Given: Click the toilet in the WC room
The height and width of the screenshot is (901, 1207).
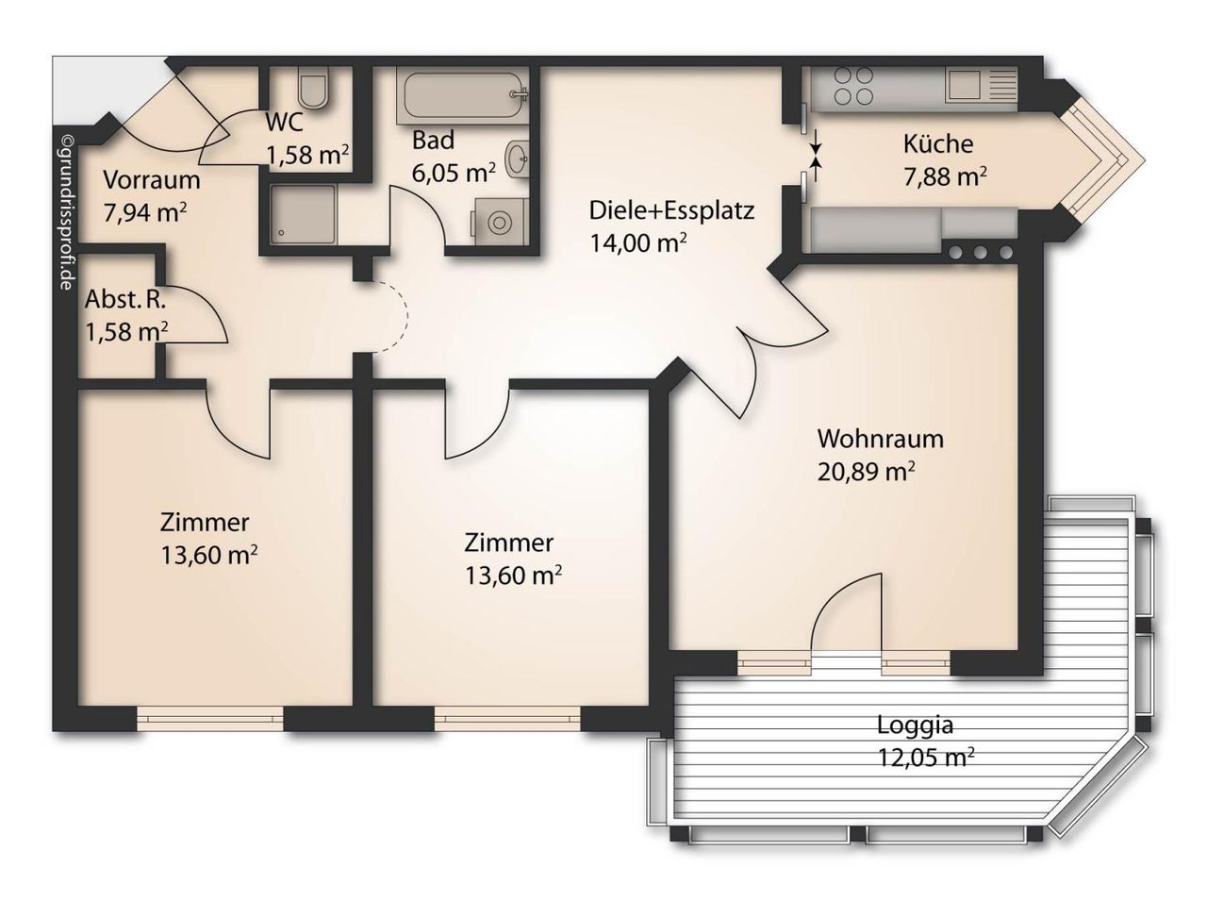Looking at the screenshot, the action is click(314, 88).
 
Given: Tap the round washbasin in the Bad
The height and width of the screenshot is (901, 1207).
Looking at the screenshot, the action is click(517, 159).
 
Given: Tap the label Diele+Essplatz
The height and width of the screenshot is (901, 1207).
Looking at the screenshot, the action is click(671, 210).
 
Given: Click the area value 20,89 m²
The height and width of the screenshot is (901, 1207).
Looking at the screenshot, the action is click(866, 472).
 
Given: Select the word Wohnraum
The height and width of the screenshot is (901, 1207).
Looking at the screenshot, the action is click(880, 439).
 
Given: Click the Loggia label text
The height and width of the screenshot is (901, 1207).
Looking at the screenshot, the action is click(915, 725).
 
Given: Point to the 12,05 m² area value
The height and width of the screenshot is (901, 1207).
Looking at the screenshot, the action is click(926, 758).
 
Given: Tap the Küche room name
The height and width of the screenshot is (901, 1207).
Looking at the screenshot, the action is click(938, 143).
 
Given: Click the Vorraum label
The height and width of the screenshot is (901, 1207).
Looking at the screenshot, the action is click(152, 180).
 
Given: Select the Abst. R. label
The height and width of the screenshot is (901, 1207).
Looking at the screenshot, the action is click(125, 300).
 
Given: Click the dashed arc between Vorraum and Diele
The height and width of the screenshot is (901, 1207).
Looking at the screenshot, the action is click(407, 316).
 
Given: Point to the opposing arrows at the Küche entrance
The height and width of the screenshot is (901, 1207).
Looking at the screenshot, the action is click(816, 155).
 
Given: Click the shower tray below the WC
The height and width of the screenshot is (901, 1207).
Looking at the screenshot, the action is click(303, 213).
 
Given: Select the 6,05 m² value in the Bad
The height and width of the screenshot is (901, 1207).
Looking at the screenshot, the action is click(454, 173).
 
